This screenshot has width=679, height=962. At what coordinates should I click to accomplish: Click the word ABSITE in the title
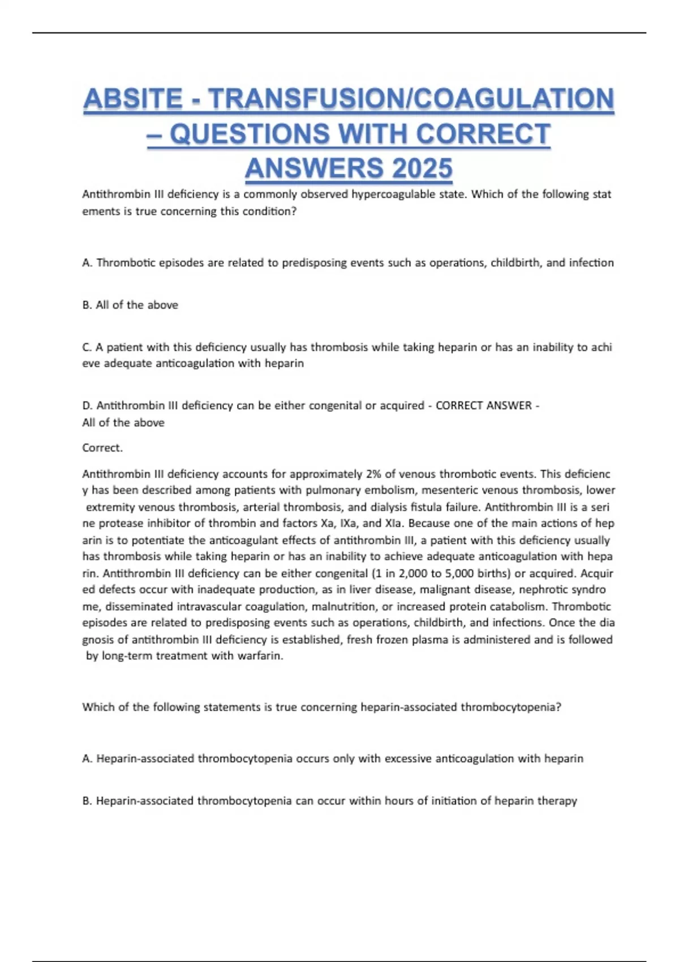pos(132,99)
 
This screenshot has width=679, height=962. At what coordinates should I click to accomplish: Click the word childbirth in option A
pos(515,263)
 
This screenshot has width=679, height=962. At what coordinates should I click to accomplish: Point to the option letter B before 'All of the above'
pos(87,305)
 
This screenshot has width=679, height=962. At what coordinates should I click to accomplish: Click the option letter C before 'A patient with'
pos(87,347)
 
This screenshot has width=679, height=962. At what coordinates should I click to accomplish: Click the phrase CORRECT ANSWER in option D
pos(484,406)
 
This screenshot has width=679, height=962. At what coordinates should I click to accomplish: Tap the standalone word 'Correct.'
pos(102,448)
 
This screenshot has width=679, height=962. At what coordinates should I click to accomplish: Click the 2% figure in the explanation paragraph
pos(373,474)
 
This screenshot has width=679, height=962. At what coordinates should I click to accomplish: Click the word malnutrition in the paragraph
pos(343,607)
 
